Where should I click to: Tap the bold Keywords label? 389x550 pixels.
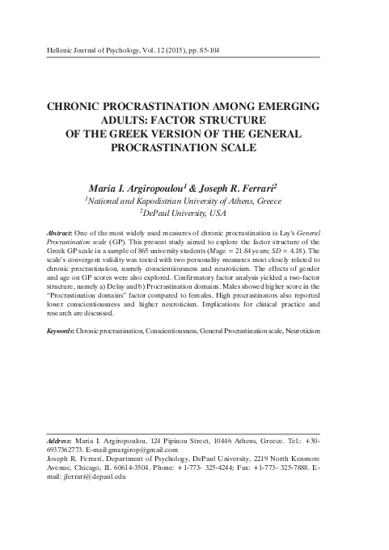click(64, 332)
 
